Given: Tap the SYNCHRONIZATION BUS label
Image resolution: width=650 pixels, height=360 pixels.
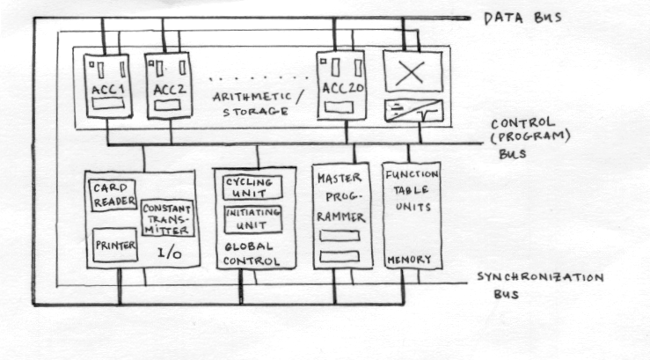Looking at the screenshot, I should pos(540,284).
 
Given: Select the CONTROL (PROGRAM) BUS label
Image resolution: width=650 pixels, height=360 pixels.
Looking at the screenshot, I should pos(522,136).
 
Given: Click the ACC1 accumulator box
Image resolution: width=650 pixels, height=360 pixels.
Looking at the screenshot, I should pos(106,86).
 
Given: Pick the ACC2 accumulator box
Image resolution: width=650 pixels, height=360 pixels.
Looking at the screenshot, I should pos(169,86).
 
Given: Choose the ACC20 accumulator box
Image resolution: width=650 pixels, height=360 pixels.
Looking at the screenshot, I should pos(340,84).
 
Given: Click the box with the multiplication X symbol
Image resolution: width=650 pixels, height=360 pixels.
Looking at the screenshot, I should pos(412,72).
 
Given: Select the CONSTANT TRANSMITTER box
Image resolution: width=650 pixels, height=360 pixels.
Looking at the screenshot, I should pos(168,217).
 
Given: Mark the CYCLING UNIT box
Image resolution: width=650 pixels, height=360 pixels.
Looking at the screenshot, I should pos(252,187).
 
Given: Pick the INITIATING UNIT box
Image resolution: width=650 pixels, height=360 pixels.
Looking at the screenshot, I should pos(252,218).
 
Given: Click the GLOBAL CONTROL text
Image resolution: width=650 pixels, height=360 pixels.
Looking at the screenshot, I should pos(252,254).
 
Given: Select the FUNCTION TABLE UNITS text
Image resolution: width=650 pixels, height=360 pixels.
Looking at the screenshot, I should pos(412,192).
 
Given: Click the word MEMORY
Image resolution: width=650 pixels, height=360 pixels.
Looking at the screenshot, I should pos(411,260).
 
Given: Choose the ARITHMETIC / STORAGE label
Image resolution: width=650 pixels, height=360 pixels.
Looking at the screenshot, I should pos(258,104).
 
